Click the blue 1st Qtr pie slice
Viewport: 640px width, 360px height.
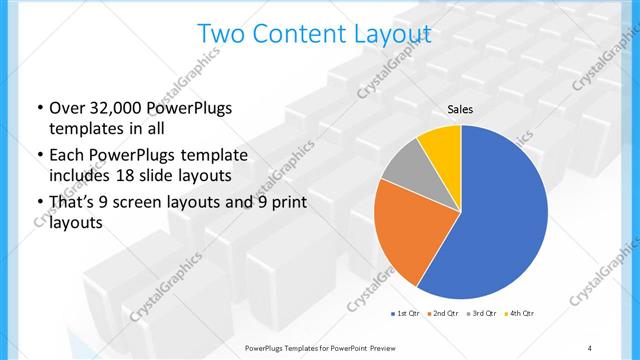click(x=500, y=220)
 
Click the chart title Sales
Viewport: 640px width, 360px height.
click(x=460, y=110)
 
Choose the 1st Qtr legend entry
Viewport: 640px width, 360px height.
click(x=405, y=314)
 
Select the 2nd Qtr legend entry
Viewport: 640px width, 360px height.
click(x=442, y=314)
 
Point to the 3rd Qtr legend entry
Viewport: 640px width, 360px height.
click(x=481, y=314)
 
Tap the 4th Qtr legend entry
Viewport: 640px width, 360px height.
click(x=519, y=314)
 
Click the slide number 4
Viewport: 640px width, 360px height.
click(x=589, y=347)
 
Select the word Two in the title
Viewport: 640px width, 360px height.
click(x=221, y=34)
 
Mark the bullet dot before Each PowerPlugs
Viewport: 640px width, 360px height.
click(x=39, y=156)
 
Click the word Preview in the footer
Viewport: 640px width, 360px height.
click(x=389, y=347)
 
